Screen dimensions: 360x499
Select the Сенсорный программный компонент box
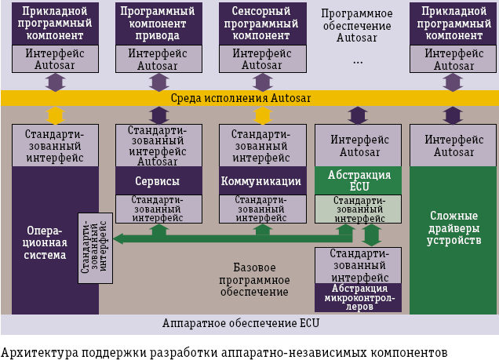pyautogui.click(x=262, y=24)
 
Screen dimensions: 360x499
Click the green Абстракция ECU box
pyautogui.click(x=358, y=181)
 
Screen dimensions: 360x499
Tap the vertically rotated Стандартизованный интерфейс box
pyautogui.click(x=95, y=247)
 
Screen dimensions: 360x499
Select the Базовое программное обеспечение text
pyautogui.click(x=262, y=279)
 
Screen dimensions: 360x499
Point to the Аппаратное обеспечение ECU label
pyautogui.click(x=240, y=323)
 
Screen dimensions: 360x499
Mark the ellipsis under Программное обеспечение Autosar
pyautogui.click(x=357, y=60)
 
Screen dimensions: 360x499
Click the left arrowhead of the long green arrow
pyautogui.click(x=118, y=238)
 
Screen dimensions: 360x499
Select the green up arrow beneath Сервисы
pyautogui.click(x=158, y=230)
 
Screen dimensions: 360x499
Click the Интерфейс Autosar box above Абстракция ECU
pyautogui.click(x=358, y=145)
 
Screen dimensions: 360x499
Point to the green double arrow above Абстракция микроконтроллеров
pyautogui.click(x=372, y=235)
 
